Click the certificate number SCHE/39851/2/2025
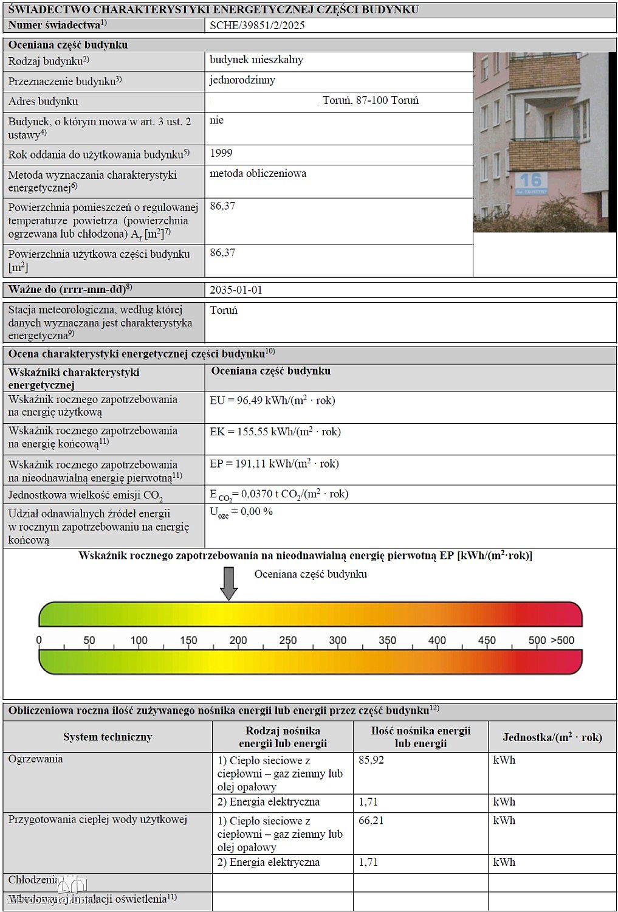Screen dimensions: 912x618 pyautogui.click(x=257, y=26)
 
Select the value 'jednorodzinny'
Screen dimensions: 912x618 pyautogui.click(x=242, y=80)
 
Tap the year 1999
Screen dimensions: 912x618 pyautogui.click(x=221, y=153)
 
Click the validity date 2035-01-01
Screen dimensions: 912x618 pyautogui.click(x=236, y=290)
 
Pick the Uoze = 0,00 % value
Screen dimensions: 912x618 pyautogui.click(x=241, y=512)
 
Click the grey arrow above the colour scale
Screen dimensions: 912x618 pyautogui.click(x=228, y=583)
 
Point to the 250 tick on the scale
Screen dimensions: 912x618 pyautogui.click(x=287, y=640)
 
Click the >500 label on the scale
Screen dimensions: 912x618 pyautogui.click(x=562, y=640)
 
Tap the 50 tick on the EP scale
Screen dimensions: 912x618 pyautogui.click(x=89, y=640)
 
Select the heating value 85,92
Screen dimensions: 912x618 pyautogui.click(x=371, y=760)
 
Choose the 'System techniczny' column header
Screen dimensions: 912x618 pyautogui.click(x=108, y=737)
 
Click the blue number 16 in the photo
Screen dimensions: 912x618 pyautogui.click(x=529, y=179)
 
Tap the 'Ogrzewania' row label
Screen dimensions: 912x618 pyautogui.click(x=35, y=759)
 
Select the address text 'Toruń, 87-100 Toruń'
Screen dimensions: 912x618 pyautogui.click(x=371, y=101)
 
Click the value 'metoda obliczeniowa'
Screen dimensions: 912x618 pyautogui.click(x=258, y=174)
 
